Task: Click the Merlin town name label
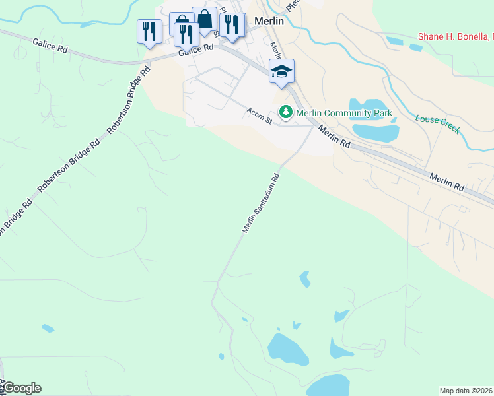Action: (x=269, y=21)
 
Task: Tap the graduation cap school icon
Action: (x=281, y=72)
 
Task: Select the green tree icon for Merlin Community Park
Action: (x=287, y=113)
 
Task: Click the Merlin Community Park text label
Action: (x=343, y=113)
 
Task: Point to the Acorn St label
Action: (x=260, y=116)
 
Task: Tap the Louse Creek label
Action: (x=437, y=123)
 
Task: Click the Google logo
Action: (x=21, y=388)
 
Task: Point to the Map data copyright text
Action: (x=466, y=390)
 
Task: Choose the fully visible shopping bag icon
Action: (x=205, y=20)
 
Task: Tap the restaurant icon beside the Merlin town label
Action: (x=231, y=25)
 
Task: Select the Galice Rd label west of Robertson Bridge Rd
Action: (x=50, y=45)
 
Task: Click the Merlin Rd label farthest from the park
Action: (x=446, y=182)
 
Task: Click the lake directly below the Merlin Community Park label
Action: (x=375, y=133)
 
